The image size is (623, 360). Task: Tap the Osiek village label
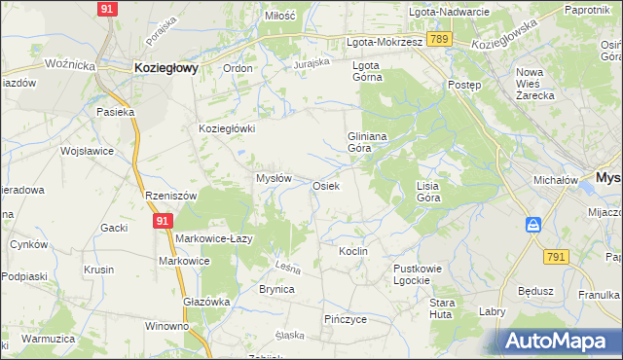pos(325,185)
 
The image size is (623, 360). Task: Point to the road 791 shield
pos(556,256)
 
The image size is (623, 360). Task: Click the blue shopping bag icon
pos(533,226)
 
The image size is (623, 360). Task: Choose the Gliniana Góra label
pos(368,143)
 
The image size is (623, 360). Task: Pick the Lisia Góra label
pos(428,191)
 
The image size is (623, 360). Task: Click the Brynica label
pos(276,289)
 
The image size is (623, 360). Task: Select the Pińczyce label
pos(345,318)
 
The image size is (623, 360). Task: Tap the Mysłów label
pos(274,178)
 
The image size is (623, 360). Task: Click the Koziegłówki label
pos(226,128)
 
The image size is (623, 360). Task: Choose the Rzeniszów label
pos(170,195)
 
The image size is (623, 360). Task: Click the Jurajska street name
pos(312,63)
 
